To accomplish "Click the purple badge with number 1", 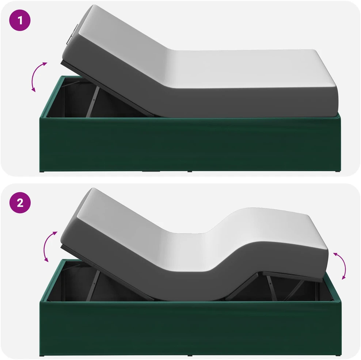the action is [20, 20].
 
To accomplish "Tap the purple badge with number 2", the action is [20, 203].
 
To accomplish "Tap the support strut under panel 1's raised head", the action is [92, 102].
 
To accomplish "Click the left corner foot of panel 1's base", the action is [42, 171].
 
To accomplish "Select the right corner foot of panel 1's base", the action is [338, 171].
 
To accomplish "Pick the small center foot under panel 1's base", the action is [190, 171].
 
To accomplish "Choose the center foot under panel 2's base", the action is [190, 355].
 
